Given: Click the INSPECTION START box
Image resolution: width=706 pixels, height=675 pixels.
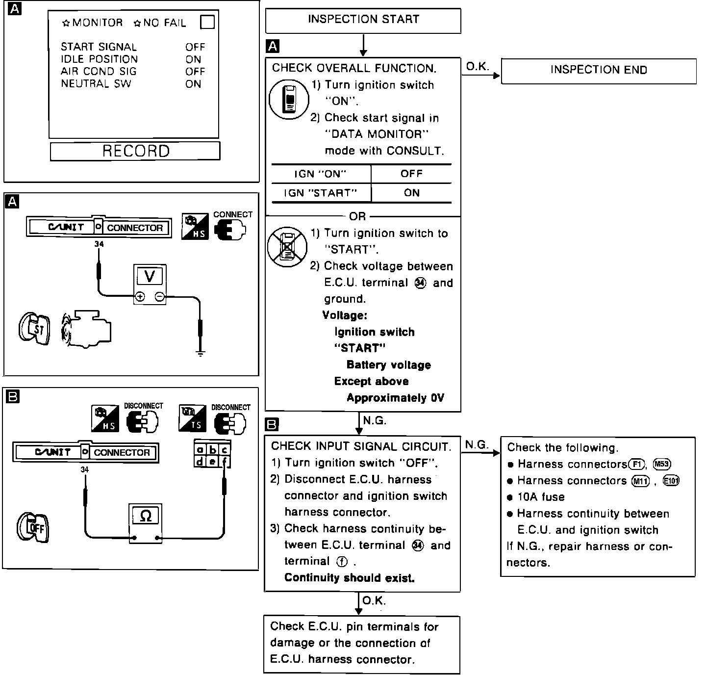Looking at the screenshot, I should (x=363, y=20).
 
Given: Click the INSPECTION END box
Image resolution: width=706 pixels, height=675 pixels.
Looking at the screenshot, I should (x=598, y=71).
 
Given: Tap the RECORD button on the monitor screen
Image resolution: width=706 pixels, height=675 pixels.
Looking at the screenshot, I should (x=135, y=151).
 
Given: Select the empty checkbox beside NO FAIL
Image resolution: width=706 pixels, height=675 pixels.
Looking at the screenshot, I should (x=207, y=23).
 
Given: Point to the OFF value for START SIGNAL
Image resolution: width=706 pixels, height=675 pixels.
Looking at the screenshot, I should (x=195, y=47).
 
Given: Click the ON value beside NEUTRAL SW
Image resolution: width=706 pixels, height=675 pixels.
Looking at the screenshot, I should (x=193, y=84).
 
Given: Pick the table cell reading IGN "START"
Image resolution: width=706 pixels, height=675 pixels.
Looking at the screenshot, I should (x=321, y=193).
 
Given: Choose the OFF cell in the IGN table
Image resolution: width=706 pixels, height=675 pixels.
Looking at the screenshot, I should (x=411, y=174).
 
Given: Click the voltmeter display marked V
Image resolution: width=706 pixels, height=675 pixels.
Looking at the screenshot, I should (x=150, y=277).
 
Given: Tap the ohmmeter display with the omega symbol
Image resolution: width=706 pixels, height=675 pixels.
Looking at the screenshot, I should (x=146, y=516).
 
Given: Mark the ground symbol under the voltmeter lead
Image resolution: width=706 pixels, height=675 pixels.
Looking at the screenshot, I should (x=200, y=352).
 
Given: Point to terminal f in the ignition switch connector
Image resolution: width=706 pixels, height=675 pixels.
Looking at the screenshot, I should (x=225, y=462).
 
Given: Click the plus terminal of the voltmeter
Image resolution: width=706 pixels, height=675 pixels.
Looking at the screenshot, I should (x=140, y=296).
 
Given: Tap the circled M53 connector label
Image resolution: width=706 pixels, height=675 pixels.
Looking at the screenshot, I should (x=662, y=464).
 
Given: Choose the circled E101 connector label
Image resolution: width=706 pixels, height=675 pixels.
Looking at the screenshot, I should (x=671, y=481).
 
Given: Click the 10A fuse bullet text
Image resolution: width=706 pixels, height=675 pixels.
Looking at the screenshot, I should (x=541, y=497).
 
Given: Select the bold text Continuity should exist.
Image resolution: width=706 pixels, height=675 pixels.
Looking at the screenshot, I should (x=349, y=578).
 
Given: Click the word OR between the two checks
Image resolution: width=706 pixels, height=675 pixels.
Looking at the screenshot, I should (x=357, y=216).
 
